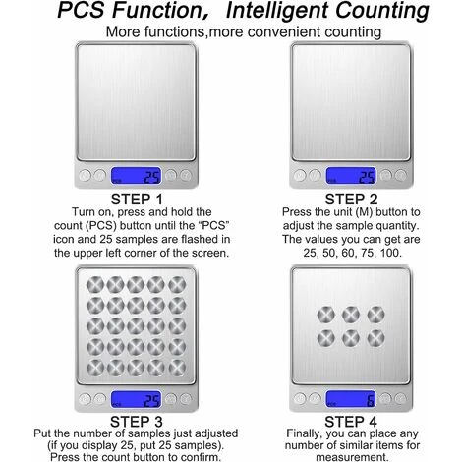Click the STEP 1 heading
tap(137, 200)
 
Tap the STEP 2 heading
tap(351, 200)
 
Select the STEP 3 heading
tap(137, 422)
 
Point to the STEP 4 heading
tap(351, 422)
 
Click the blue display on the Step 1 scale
tap(137, 176)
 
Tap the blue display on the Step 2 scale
tap(351, 176)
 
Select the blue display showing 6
tap(351, 399)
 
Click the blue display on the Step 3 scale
tap(137, 399)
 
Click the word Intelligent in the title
tap(278, 11)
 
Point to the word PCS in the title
tap(81, 10)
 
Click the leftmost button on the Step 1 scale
tap(85, 176)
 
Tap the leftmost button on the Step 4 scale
tap(300, 399)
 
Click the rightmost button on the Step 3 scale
tap(186, 399)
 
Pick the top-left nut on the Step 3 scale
tap(95, 284)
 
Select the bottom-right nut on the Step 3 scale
tap(177, 368)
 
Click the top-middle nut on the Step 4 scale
tap(351, 315)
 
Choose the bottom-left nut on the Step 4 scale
tap(326, 338)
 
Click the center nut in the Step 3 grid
tap(136, 326)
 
